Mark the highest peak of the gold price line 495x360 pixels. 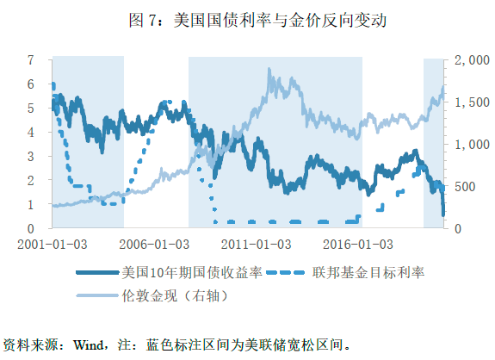[269, 69]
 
